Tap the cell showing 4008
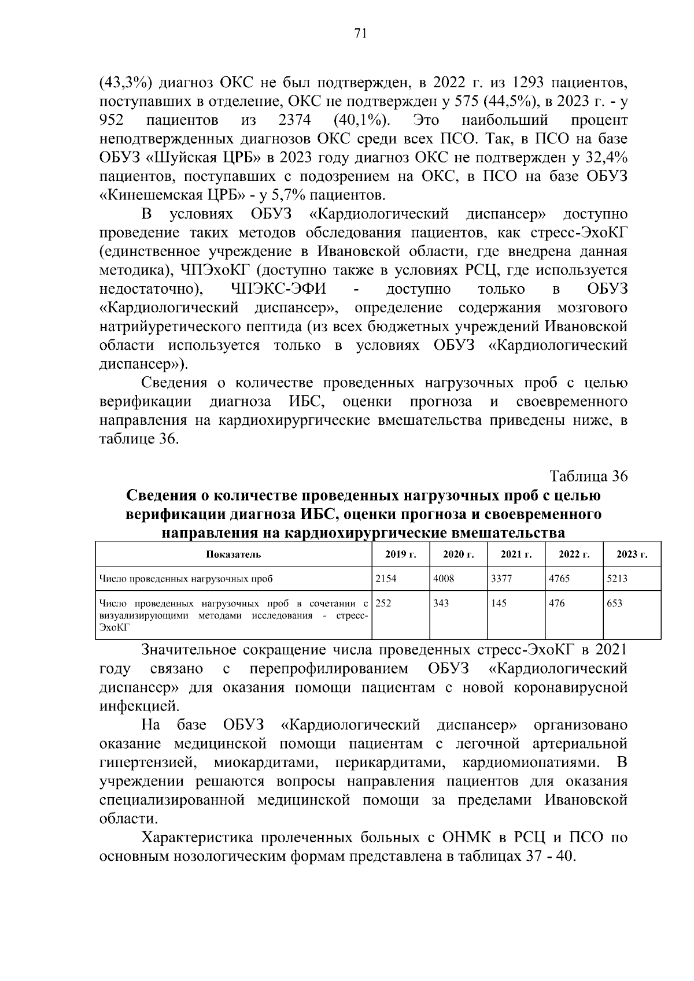click(457, 578)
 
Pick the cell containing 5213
click(631, 578)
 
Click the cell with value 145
click(515, 614)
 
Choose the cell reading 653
click(631, 614)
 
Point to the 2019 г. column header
click(401, 554)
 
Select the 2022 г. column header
click(574, 554)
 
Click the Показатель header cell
click(233, 554)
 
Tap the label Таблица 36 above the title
click(588, 476)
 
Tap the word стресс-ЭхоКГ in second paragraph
click(578, 232)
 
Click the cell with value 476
click(573, 614)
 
